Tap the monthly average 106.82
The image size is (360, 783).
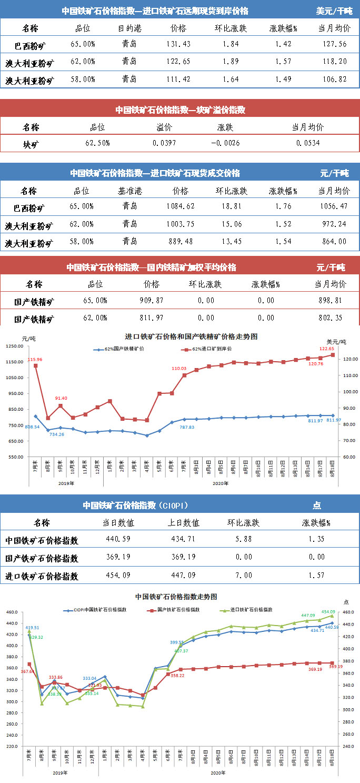click(x=334, y=80)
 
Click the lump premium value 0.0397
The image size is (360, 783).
click(x=162, y=143)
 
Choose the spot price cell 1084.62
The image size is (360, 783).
click(x=180, y=206)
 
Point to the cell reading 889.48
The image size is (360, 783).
click(x=180, y=242)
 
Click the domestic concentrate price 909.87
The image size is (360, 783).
click(x=152, y=301)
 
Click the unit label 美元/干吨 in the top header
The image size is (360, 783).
click(x=335, y=11)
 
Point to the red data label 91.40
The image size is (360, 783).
click(x=62, y=398)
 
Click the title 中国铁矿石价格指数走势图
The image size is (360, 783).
click(x=176, y=597)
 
